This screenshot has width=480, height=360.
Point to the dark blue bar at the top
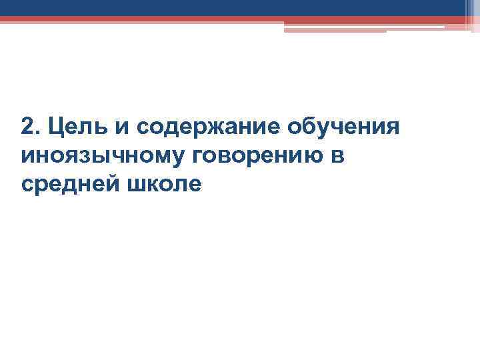[x=233, y=8]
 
